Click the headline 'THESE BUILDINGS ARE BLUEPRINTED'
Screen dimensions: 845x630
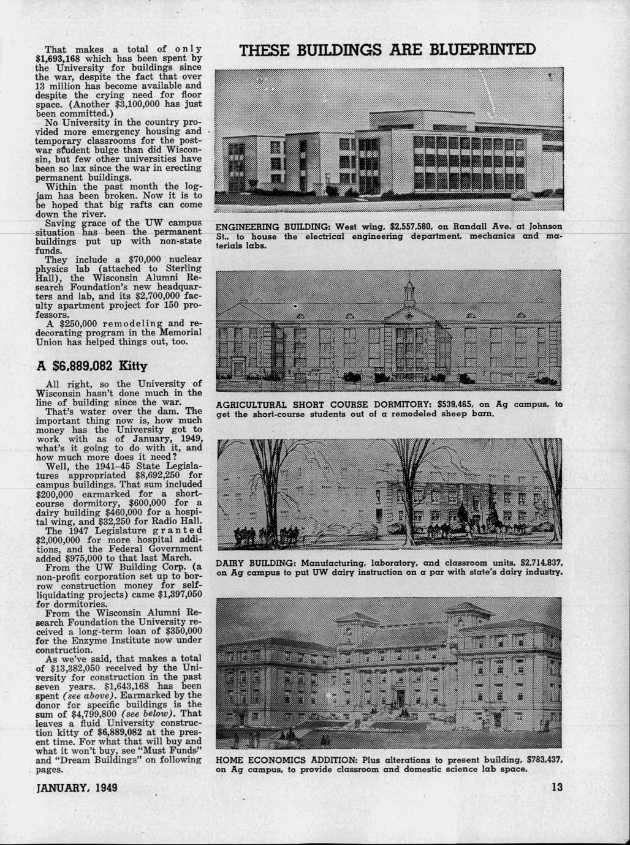point(388,50)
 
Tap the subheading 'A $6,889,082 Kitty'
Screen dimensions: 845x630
point(92,366)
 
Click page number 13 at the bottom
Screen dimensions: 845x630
point(556,787)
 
